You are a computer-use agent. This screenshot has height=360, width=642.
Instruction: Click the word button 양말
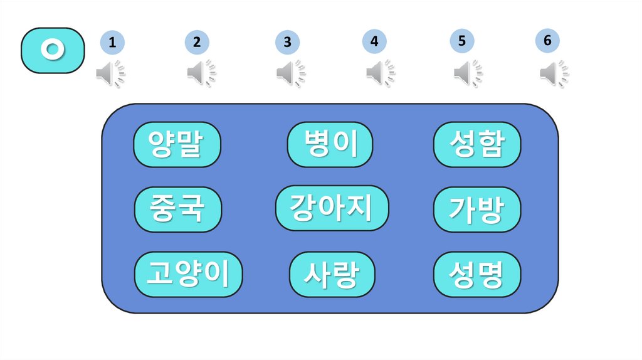[177, 145]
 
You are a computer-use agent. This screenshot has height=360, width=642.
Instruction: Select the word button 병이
[330, 144]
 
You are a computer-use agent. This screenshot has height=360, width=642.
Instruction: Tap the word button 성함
[477, 144]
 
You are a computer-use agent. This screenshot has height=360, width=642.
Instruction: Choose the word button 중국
[178, 209]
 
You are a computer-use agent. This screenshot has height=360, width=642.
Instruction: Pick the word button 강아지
[332, 208]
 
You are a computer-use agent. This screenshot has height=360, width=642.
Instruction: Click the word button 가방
[476, 209]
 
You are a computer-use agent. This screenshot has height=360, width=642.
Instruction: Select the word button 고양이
[189, 274]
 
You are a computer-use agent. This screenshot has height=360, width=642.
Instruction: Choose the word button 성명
[477, 274]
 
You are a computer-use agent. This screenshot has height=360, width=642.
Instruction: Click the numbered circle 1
[112, 43]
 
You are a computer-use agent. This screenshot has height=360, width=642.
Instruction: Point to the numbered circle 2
[197, 43]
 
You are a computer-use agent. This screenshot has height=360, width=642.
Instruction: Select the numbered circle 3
[287, 43]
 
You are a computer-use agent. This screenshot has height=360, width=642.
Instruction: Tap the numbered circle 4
[374, 42]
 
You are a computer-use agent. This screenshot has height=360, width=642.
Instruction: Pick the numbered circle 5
[461, 41]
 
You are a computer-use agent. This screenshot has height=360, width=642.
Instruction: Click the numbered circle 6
[547, 41]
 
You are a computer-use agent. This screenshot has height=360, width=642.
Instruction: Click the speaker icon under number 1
[110, 74]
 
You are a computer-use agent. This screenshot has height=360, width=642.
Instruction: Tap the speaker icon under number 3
[291, 74]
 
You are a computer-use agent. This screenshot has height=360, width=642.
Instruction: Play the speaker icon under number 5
[468, 73]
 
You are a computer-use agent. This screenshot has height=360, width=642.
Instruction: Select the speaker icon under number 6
[554, 74]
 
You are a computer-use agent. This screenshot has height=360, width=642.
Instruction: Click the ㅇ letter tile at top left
[53, 50]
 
